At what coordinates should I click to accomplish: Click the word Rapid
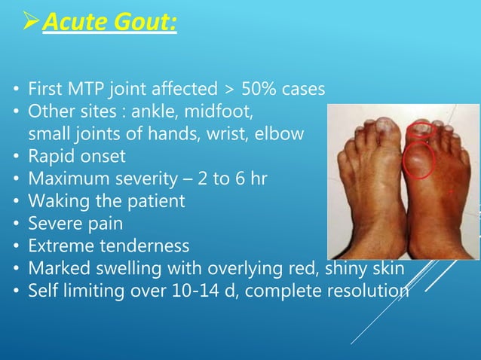coord(51,157)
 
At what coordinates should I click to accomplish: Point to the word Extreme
coord(57,246)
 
